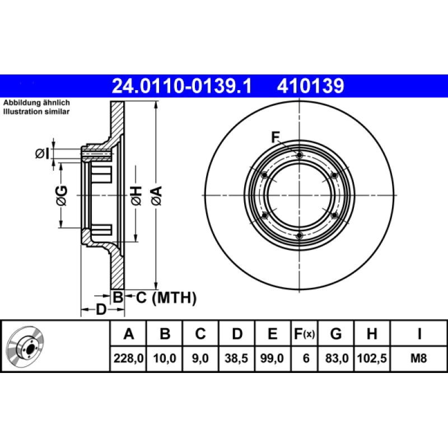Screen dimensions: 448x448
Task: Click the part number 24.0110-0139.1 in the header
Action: pos(182,86)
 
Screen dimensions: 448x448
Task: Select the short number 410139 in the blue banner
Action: pos(309,86)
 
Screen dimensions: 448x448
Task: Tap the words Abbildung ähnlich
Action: pos(36,103)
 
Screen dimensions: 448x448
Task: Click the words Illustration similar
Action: pos(36,112)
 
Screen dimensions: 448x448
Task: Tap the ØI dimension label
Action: pos(43,153)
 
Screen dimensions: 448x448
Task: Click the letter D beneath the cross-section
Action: pos(101,309)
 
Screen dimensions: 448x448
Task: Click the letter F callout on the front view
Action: pos(275,136)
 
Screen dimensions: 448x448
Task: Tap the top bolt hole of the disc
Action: pos(300,155)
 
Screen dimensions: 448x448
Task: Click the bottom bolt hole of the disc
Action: pos(300,236)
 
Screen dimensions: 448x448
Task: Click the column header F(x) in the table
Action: pos(305,334)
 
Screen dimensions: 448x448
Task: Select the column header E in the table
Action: pos(272,334)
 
